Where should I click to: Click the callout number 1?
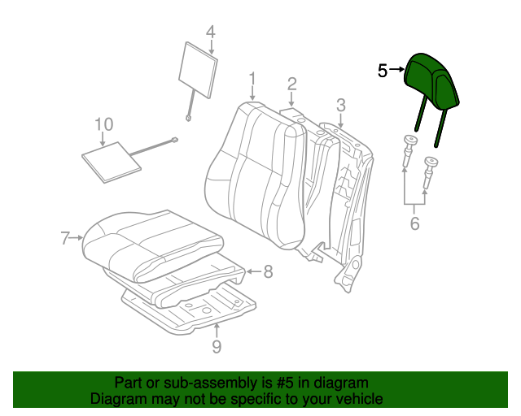[252, 79]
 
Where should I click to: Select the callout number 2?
[291, 83]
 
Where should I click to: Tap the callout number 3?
[340, 104]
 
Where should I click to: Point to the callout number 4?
[210, 32]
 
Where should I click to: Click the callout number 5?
[383, 71]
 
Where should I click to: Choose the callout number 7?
[66, 238]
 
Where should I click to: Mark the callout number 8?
[267, 271]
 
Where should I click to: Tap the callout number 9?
[217, 348]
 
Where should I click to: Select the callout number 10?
[103, 124]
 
